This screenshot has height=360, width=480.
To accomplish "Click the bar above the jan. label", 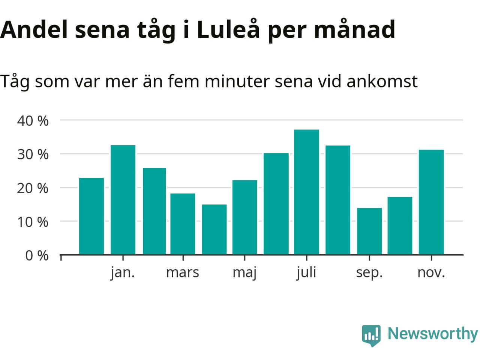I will tap(123, 200).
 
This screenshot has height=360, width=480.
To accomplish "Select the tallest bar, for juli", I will tap(306, 192).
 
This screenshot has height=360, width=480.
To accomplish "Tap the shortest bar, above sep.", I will tap(369, 231).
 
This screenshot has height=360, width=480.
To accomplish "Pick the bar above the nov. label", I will tap(431, 202).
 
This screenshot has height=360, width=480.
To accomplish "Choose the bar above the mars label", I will tap(183, 224).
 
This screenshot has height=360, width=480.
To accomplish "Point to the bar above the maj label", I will tap(244, 217).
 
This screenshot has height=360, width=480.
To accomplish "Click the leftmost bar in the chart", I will tap(91, 216).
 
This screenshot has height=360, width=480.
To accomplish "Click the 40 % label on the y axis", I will tap(33, 121).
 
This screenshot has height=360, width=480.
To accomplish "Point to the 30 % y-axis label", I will tap(33, 154).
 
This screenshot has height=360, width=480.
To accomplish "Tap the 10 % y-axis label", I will tap(33, 222).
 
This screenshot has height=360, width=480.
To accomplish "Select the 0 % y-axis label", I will tap(37, 256).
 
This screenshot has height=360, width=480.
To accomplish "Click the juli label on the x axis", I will tap(306, 272).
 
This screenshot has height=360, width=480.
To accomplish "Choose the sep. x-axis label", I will tap(369, 273).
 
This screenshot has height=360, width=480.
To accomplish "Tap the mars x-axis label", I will tap(183, 272).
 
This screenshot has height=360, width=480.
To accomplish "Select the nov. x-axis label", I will tap(431, 272).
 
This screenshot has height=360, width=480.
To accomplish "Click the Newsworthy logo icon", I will tap(371, 334).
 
